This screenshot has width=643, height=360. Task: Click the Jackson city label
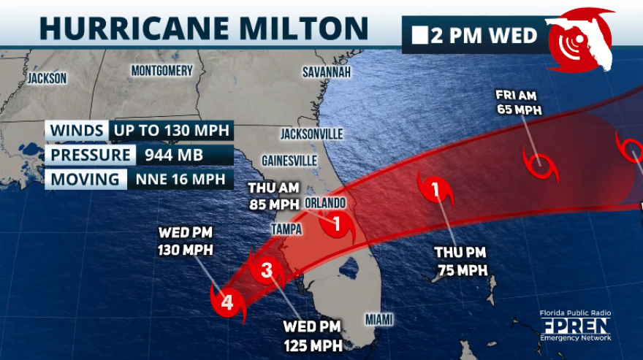tap(47, 78)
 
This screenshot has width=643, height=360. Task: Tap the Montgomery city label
tap(161, 71)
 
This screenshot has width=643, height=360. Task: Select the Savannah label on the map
tap(327, 72)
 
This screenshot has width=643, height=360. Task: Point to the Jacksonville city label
tap(311, 134)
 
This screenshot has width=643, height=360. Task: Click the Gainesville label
tap(289, 160)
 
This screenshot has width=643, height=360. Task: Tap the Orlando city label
tap(326, 202)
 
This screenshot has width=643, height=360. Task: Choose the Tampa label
tap(286, 229)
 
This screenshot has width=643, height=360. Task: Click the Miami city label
tap(378, 319)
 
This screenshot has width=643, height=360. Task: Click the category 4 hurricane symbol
tap(227, 302)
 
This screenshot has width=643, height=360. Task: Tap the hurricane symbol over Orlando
tap(338, 224)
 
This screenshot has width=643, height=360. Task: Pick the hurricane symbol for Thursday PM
tap(436, 191)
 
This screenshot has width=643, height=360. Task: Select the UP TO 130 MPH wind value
tap(171, 131)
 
